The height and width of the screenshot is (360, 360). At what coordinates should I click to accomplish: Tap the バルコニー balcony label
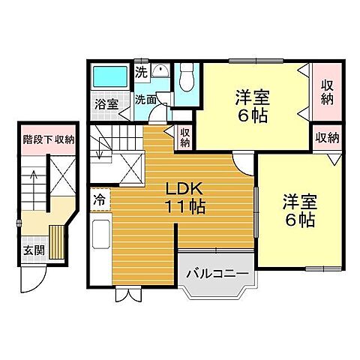216,274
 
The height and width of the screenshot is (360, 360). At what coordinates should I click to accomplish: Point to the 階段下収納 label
49,139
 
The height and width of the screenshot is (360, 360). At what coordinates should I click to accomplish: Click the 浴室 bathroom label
107,104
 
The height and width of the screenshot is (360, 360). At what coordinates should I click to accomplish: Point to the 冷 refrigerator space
99,200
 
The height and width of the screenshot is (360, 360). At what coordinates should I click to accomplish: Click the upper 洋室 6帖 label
252,106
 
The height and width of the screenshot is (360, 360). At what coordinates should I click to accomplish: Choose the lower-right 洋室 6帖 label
299,211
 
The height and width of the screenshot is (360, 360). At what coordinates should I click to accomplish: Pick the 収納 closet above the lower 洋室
326,138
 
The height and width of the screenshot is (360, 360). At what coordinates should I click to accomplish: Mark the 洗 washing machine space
141,73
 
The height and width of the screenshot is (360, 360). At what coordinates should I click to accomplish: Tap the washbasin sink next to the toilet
160,73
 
